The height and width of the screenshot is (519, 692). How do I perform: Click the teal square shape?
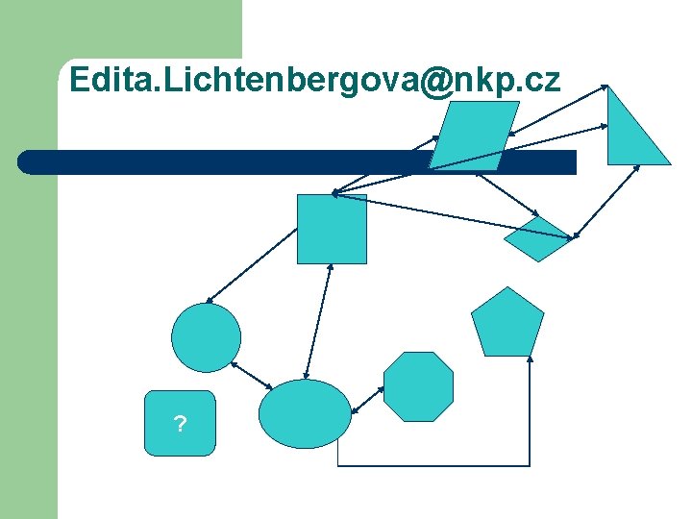point(332,229)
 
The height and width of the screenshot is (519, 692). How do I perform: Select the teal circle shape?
point(206,337)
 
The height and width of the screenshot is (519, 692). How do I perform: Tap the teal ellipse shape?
point(306,414)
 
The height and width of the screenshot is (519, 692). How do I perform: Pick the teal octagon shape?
point(418,386)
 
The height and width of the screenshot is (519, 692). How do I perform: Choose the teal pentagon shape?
point(507,324)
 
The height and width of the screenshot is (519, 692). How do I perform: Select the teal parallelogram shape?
point(473,136)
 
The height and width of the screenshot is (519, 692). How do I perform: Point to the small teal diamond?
point(537,238)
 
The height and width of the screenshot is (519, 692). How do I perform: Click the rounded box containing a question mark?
point(180,423)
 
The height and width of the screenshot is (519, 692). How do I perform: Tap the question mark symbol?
point(180,424)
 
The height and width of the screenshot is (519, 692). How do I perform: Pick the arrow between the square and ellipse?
point(317,322)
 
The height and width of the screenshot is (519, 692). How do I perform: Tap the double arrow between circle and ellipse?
point(253,376)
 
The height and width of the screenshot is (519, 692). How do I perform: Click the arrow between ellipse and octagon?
point(368,401)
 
